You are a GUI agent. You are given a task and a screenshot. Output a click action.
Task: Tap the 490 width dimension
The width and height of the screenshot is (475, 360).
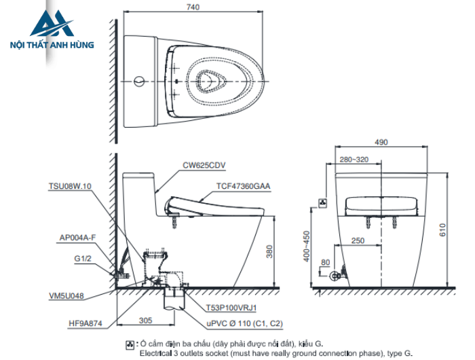pos(381,142)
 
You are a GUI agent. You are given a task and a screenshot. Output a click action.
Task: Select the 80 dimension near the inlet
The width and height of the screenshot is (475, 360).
pos(326,262)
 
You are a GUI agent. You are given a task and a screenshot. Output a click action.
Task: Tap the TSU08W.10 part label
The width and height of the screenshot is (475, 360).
pos(70,185)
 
